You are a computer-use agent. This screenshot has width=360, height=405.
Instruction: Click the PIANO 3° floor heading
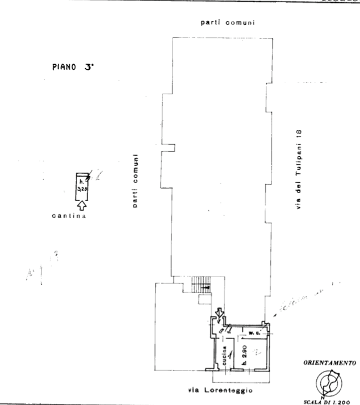pos(72,66)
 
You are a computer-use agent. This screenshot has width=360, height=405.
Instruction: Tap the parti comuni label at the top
pos(227,23)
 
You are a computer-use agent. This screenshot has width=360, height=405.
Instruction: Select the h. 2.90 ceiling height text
pos(242,354)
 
